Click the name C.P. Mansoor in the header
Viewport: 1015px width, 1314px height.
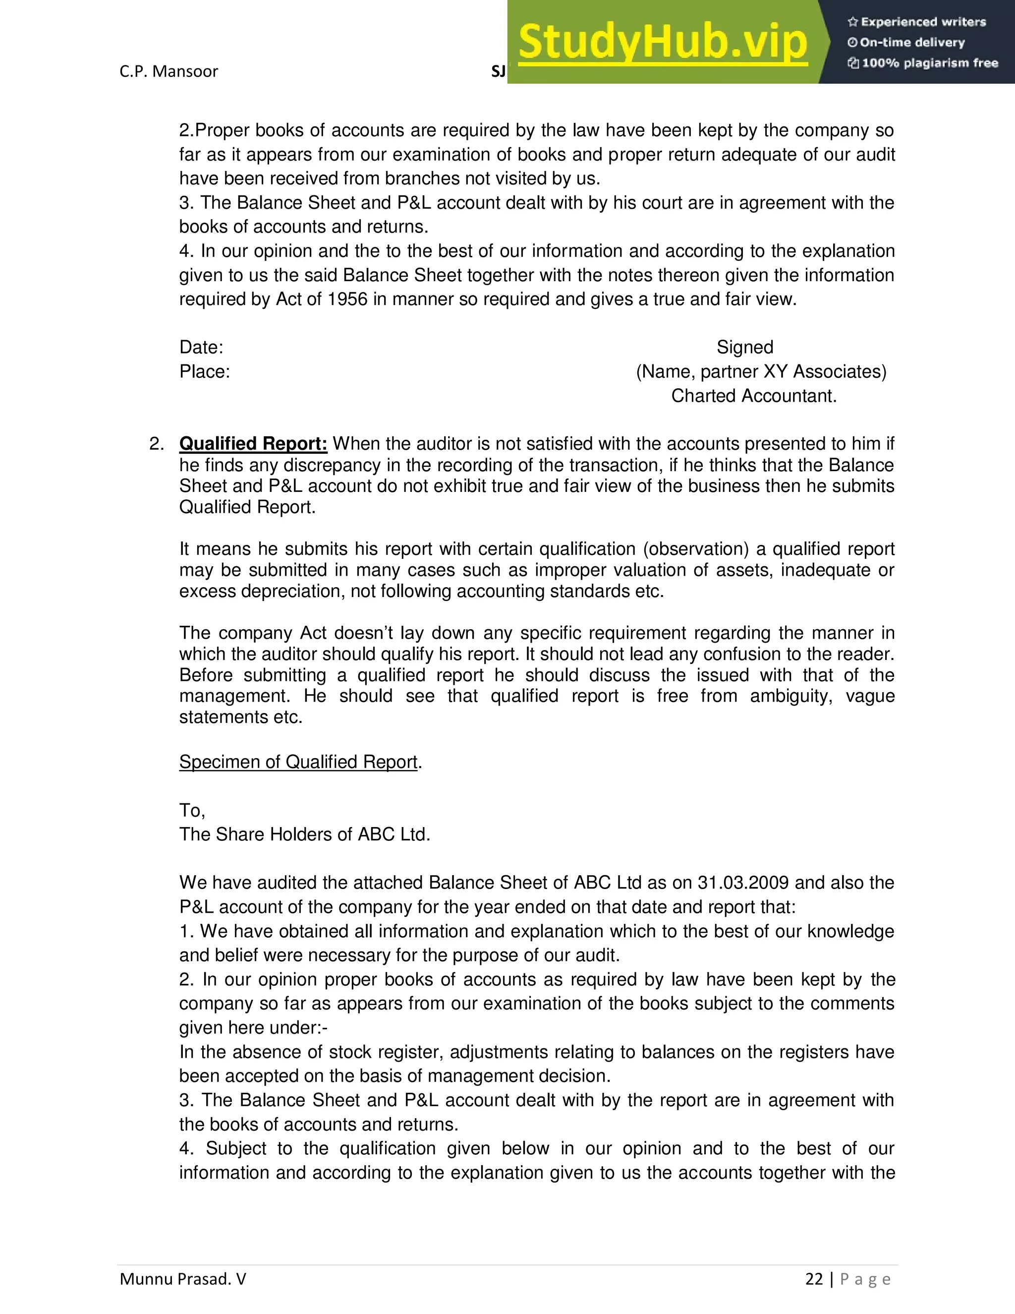(x=169, y=71)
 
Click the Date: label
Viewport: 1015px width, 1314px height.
(x=201, y=347)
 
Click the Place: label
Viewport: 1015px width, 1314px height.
(x=205, y=372)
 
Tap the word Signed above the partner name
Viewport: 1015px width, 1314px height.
(x=744, y=347)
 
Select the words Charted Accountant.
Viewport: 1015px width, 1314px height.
(x=753, y=396)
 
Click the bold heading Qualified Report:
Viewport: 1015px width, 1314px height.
(x=253, y=444)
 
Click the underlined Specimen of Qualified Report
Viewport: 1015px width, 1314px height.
(x=298, y=762)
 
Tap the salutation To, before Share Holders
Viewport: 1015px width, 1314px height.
(x=192, y=810)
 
